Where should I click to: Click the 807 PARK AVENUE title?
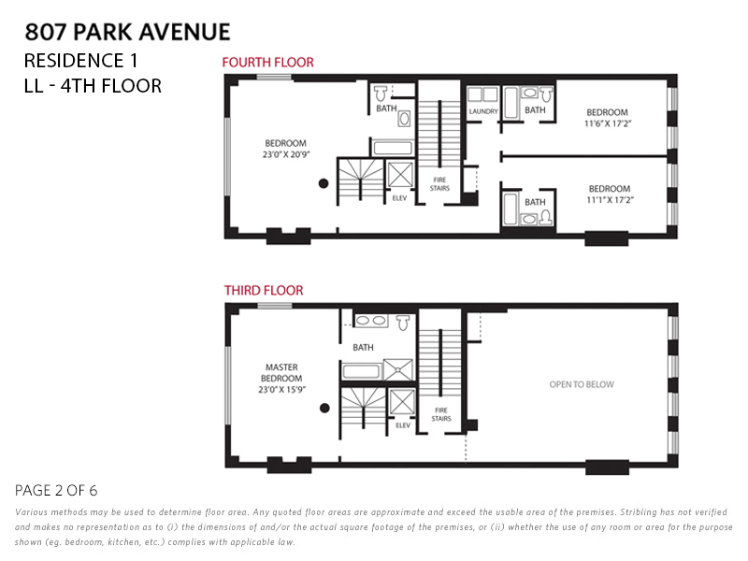[127, 32]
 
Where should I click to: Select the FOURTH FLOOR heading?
[267, 63]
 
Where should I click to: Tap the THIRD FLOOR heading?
[264, 291]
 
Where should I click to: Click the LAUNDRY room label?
[483, 111]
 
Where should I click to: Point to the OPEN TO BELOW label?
[582, 384]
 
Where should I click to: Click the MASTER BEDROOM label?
[281, 373]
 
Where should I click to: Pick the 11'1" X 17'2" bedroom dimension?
[609, 199]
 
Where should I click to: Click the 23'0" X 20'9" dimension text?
[285, 155]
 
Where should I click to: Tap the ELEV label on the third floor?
[403, 425]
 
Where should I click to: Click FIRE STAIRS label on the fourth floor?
[439, 183]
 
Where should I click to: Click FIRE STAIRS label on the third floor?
[441, 413]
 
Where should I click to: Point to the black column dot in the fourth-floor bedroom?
[324, 183]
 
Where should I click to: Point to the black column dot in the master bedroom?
[324, 408]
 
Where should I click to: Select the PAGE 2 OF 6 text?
[57, 490]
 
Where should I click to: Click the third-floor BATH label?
[363, 348]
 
